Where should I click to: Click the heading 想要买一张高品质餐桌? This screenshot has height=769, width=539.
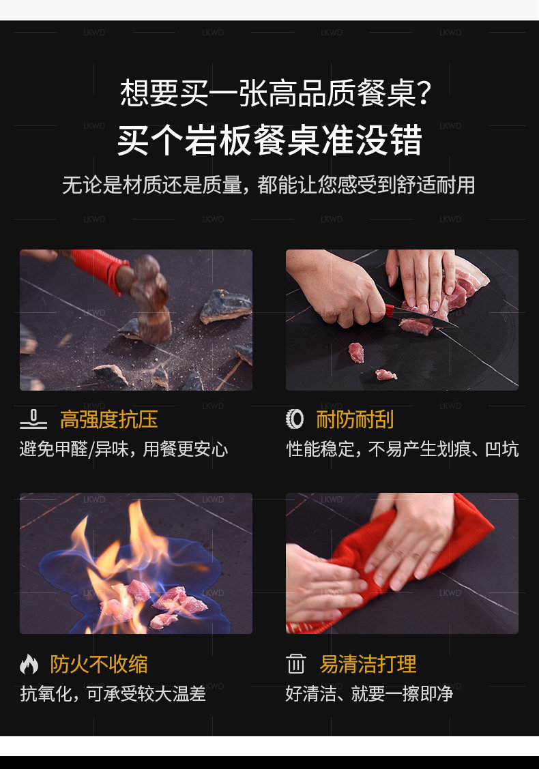coord(276,93)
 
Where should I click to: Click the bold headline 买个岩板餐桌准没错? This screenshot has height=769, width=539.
coord(269,140)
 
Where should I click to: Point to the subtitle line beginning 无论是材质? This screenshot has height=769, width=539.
coord(269,185)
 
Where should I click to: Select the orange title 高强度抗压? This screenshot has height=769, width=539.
coord(109,420)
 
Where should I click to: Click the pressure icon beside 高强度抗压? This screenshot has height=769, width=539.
coord(33,420)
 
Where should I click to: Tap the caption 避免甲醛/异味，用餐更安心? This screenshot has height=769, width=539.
coord(123,449)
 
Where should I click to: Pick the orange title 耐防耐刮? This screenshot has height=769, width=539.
coord(355,420)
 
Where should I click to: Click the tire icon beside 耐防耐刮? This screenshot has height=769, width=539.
coord(295,419)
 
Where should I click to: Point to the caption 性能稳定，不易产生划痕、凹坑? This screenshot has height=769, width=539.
coord(403,449)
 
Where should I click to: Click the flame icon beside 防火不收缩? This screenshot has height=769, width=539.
coord(29,664)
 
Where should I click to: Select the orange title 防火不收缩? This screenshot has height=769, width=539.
coord(99,664)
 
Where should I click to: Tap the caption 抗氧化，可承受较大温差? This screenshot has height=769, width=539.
coord(113,693)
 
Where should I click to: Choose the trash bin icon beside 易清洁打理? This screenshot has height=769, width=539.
coord(296,664)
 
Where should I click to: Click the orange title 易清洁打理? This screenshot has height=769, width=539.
coord(368,664)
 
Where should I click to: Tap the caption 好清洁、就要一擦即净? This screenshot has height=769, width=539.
coord(369,693)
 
